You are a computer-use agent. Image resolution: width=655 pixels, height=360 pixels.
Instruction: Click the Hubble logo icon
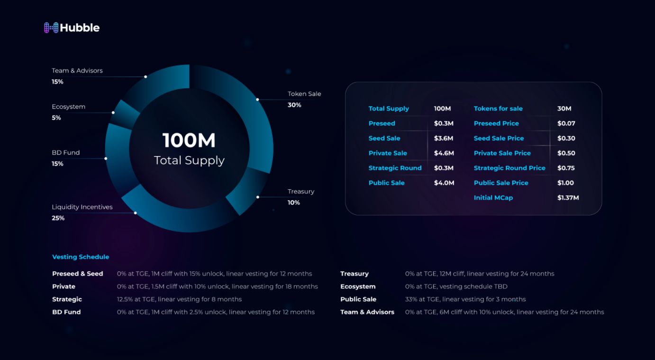click(x=51, y=28)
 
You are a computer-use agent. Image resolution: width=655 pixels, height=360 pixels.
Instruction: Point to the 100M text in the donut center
click(x=189, y=140)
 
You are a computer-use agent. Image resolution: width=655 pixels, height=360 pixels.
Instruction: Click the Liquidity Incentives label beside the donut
click(x=82, y=207)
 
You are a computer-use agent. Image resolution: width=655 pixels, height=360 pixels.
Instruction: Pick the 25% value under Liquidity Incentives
click(x=58, y=218)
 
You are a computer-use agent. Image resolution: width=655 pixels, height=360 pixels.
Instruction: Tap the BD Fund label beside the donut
click(x=65, y=153)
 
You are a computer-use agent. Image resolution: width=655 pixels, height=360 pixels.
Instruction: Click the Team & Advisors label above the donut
click(x=77, y=71)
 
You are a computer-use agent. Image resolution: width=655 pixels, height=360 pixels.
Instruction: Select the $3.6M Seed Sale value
click(x=443, y=138)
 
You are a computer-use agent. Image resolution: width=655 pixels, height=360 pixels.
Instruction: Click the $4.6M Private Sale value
click(x=444, y=153)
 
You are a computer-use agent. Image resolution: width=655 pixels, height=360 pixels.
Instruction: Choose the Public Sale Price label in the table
click(x=500, y=183)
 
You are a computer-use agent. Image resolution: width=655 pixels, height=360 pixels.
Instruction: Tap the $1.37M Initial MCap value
click(x=568, y=198)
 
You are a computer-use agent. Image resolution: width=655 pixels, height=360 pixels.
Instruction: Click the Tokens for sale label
click(x=498, y=109)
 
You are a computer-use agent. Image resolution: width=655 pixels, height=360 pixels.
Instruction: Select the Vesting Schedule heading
click(x=81, y=257)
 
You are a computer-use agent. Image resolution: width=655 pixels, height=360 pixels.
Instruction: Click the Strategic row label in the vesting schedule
click(x=67, y=299)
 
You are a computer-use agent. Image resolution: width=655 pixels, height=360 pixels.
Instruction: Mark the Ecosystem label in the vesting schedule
click(x=357, y=286)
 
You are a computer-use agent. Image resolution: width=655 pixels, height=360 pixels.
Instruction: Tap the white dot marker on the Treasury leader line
click(x=258, y=197)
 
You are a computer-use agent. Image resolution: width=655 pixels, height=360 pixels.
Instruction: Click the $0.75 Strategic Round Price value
click(x=565, y=168)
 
